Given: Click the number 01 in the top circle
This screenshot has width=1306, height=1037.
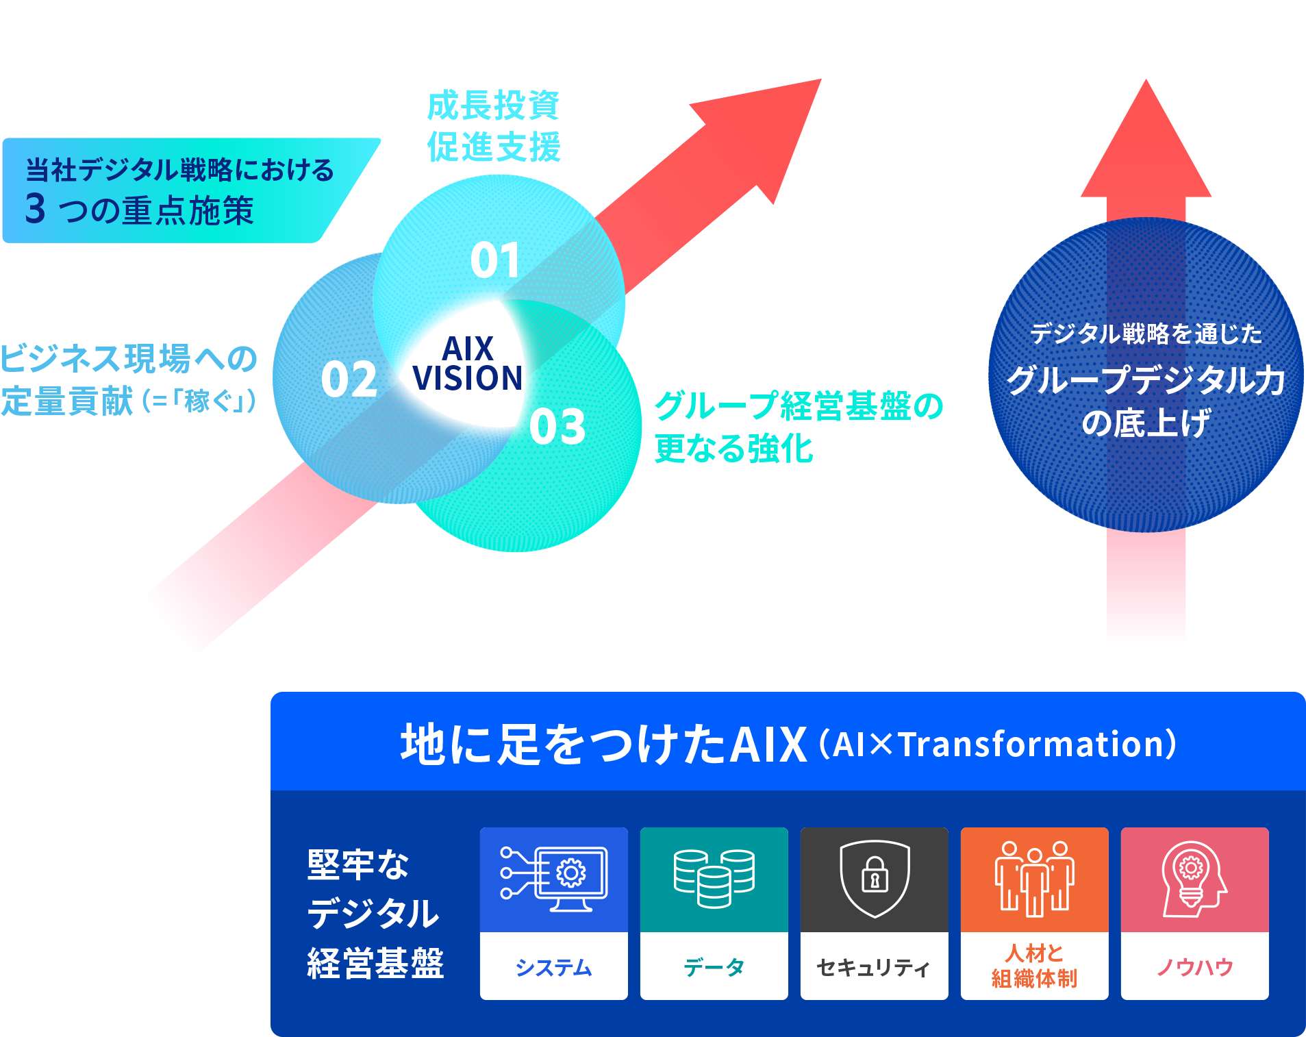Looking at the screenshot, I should coord(495,261).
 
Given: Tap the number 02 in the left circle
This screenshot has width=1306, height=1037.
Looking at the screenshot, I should coord(349,380).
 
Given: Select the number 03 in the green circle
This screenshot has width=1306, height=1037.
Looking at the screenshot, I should coord(557,427).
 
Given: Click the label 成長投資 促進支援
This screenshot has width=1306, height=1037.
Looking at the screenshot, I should coord(494,127).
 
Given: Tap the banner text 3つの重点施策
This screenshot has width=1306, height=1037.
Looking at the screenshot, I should coord(140,210).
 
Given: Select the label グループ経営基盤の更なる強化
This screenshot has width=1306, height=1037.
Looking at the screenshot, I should coord(798,427).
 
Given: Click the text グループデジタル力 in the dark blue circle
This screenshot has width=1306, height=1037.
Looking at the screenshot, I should coord(1145,380).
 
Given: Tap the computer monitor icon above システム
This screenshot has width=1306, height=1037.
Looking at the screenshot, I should coord(554,879).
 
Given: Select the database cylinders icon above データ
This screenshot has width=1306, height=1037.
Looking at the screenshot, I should coord(714,878).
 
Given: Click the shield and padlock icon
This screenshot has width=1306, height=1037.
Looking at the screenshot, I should coord(875,878).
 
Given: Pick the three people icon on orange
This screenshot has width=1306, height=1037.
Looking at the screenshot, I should coord(1034,879).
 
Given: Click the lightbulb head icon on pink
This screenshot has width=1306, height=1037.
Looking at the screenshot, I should coord(1194,879).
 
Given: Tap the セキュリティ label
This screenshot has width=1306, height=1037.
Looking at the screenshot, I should coord(874,967).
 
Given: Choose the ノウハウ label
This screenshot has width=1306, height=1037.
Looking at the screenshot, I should coord(1194,967).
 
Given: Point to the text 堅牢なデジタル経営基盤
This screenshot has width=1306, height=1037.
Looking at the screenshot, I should coord(375,914).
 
